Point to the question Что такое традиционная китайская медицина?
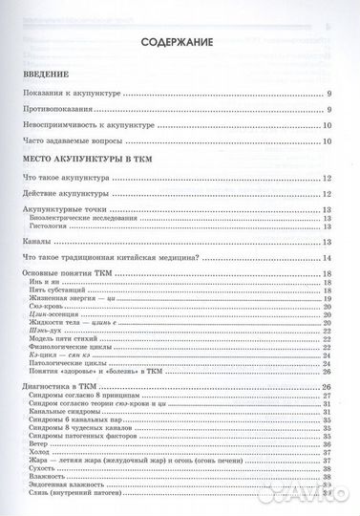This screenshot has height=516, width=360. click(x=106, y=258)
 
